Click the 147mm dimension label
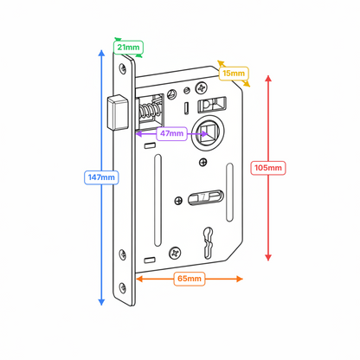pos(101,177)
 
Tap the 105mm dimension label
pos(268,167)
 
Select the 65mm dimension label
pos(189,279)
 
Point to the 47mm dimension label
pos(171,133)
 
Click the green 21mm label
pos(129,48)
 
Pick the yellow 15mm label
pos(233,74)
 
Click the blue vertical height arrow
pos(103,104)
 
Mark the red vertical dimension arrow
pos(268,216)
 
